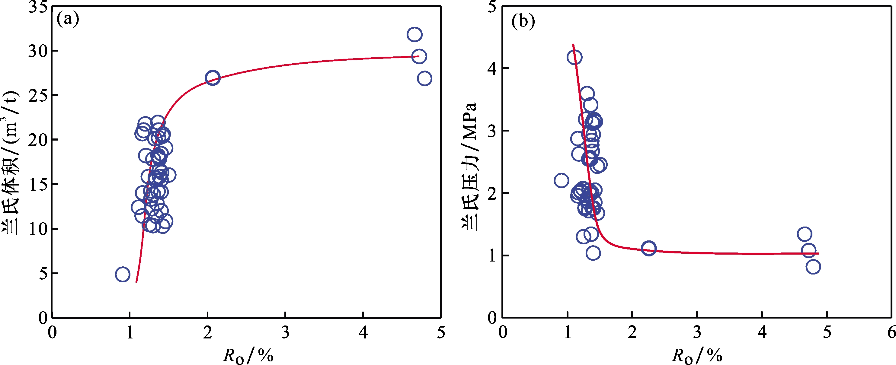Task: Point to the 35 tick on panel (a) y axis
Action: (38, 7)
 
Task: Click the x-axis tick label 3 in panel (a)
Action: (285, 333)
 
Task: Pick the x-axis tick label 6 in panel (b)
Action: (891, 333)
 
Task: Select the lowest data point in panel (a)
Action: (123, 274)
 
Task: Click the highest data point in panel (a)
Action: (414, 34)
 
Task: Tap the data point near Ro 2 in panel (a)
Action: (213, 78)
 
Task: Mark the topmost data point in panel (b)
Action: (574, 57)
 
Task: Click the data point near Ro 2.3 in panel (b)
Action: (649, 248)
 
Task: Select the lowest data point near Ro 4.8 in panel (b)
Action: (813, 267)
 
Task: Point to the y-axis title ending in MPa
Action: (470, 167)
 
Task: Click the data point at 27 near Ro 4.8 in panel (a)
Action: (424, 78)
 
